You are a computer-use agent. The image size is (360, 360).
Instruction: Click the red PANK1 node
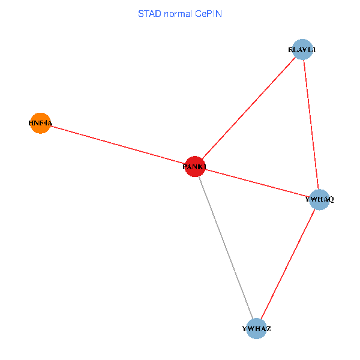point(194,166)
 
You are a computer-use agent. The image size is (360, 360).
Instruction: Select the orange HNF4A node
point(40,123)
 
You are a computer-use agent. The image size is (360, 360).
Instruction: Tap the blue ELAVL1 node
point(302,50)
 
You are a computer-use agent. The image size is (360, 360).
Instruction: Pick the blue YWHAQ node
point(319,199)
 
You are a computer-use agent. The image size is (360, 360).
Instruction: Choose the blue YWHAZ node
point(257,328)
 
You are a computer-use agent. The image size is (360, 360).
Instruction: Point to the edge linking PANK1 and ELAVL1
point(248,108)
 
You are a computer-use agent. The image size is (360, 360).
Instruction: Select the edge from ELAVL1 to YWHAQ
point(310,124)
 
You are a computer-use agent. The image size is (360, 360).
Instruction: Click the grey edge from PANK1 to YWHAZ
point(226,247)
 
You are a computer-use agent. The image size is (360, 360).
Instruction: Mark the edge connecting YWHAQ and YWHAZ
point(288,263)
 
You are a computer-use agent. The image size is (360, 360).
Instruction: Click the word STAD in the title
point(149,13)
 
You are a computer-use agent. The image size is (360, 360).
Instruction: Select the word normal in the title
point(176,13)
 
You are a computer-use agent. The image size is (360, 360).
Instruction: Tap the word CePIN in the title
point(208,13)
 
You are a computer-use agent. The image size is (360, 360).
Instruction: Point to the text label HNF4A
point(40,124)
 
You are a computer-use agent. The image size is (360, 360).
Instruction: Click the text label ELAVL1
point(302,50)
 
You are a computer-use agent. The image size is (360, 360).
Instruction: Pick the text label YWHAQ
point(319,199)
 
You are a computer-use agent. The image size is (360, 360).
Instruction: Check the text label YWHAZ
point(257,329)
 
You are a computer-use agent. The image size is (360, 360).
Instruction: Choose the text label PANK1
point(194,167)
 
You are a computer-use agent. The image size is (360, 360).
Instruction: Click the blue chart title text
point(180,13)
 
